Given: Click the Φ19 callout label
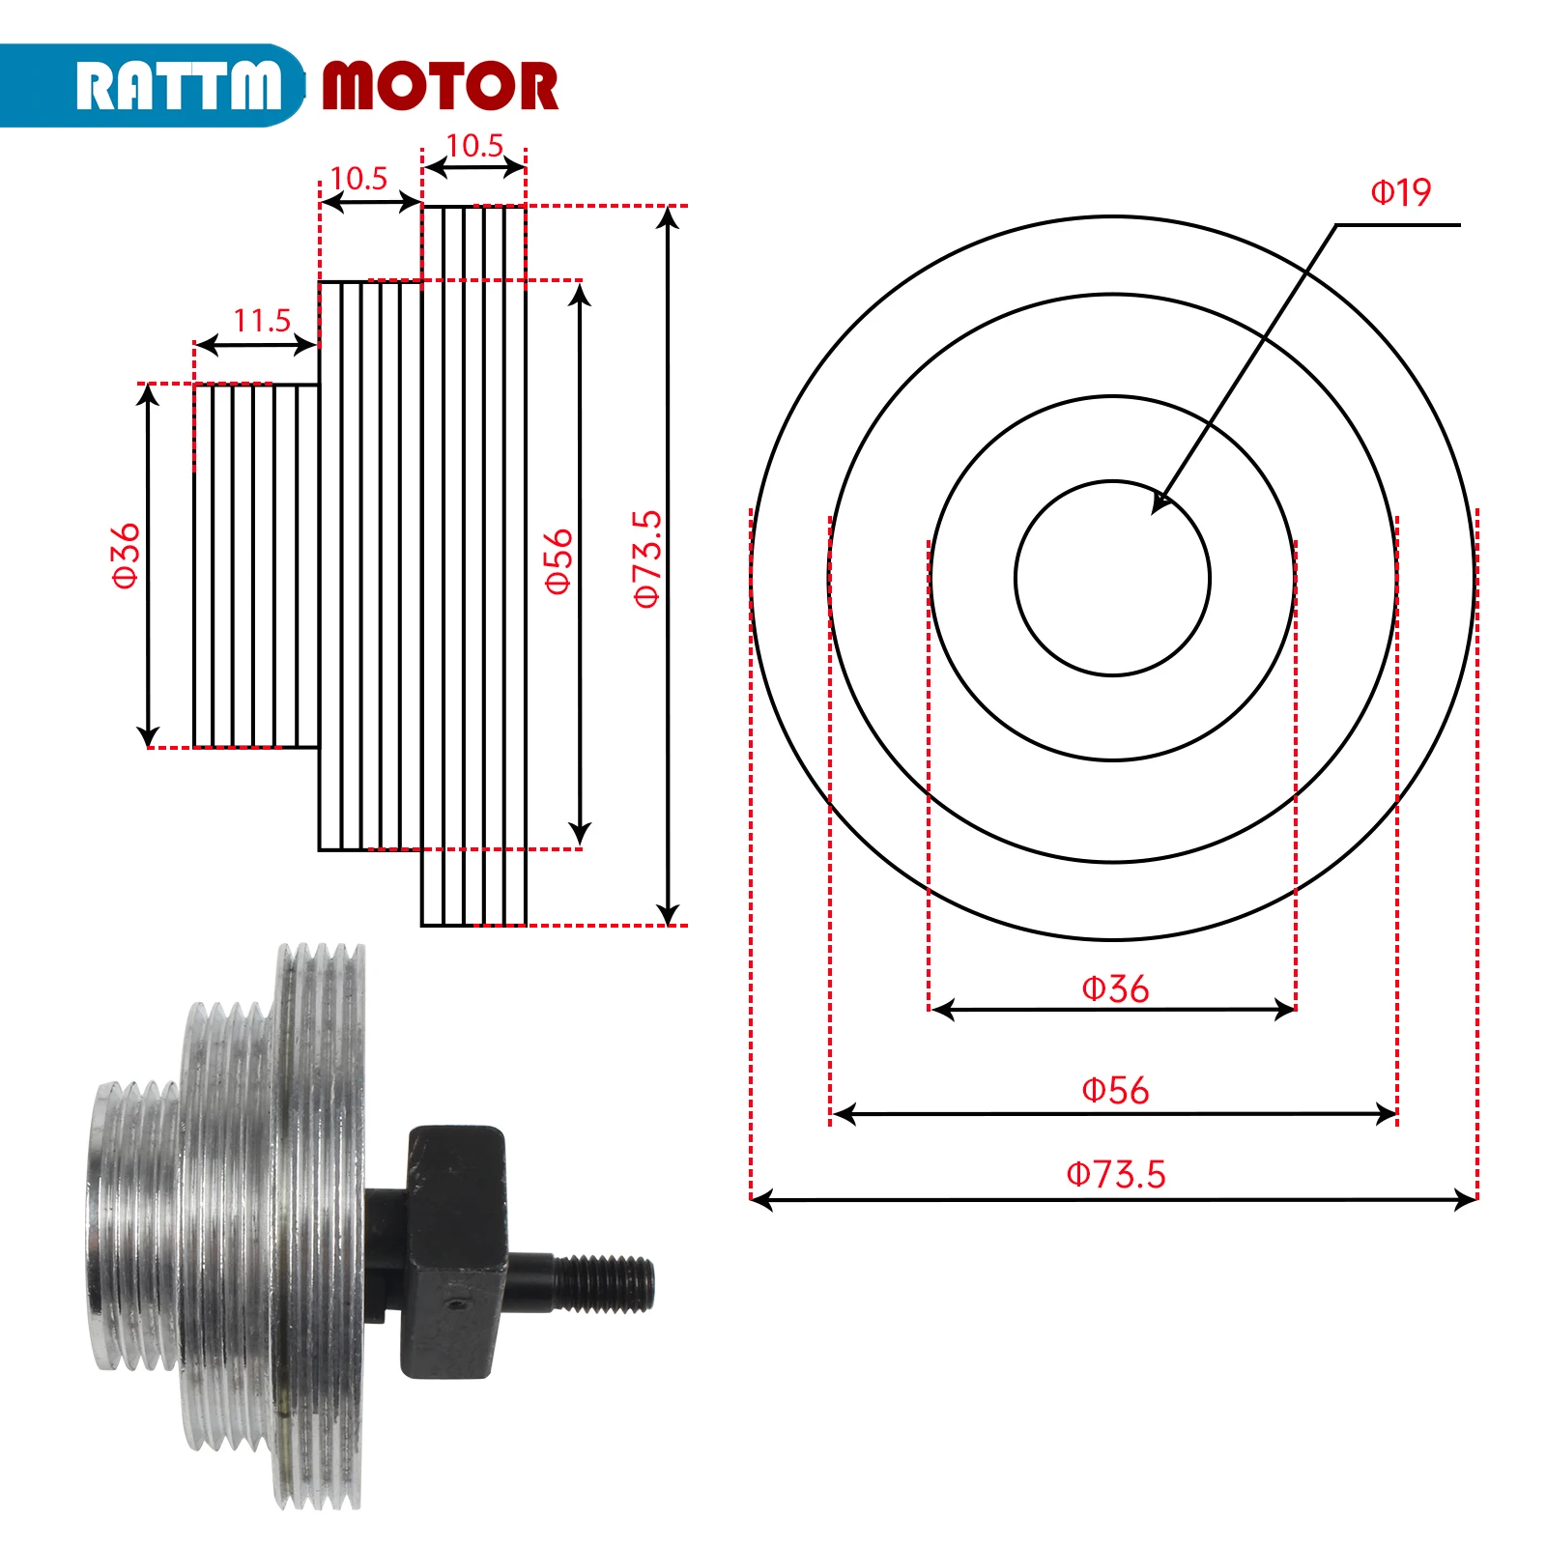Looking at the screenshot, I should tap(1400, 192).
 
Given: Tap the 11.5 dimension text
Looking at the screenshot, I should tap(261, 320).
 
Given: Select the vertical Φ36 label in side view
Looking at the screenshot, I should tap(127, 556).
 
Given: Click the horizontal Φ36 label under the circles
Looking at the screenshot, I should tap(1115, 988).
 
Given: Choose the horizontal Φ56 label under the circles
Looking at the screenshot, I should tap(1115, 1090).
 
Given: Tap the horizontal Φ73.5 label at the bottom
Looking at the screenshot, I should tap(1115, 1174).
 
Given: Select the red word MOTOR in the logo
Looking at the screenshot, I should tap(440, 86).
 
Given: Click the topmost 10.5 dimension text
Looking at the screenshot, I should tap(474, 146).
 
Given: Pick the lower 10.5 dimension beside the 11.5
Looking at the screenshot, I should tap(358, 179).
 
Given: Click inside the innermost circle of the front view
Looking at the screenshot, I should tap(1112, 580).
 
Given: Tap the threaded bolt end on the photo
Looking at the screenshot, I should tap(604, 1283).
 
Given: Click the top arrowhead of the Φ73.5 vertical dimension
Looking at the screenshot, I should tap(668, 217).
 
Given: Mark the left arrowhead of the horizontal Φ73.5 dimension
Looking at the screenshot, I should tap(761, 1200).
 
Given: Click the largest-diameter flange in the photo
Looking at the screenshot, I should tap(324, 1227).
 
